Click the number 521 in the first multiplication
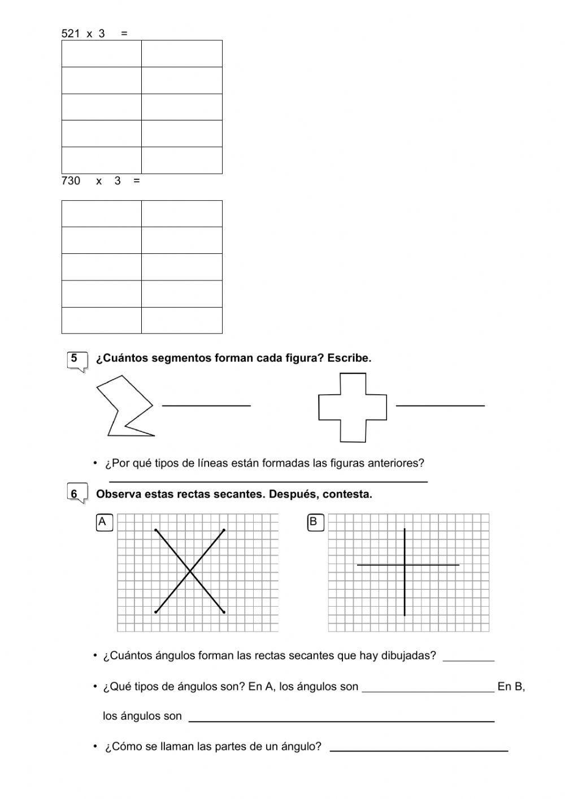point(71,33)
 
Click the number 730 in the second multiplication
point(71,181)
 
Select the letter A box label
point(103,522)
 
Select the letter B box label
point(314,522)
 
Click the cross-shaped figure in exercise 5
point(353,407)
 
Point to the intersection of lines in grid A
point(190,572)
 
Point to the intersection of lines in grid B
point(405,564)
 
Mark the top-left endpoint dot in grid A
point(156,530)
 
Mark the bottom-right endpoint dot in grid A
point(224,612)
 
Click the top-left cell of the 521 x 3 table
point(101,54)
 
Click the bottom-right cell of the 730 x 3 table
point(181,320)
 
